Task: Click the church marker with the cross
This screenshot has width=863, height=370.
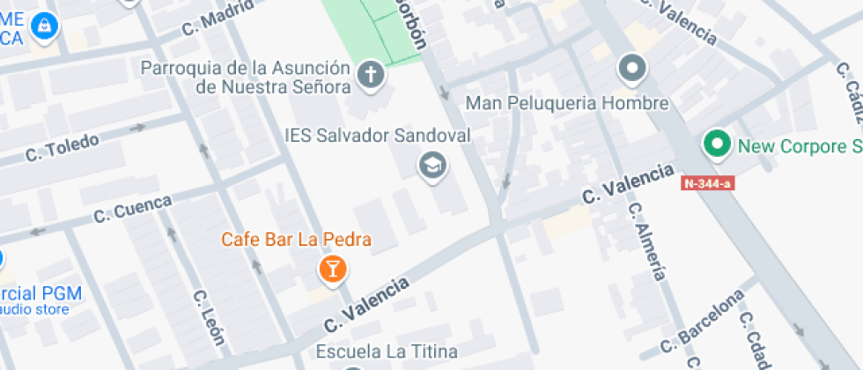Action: [x=371, y=77]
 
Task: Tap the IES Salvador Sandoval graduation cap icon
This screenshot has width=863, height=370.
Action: [x=431, y=165]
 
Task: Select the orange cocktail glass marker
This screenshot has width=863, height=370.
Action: [x=333, y=269]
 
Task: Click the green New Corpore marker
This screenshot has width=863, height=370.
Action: [x=717, y=144]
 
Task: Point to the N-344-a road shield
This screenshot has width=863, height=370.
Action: [x=707, y=183]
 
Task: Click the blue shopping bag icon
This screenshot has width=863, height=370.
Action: [x=41, y=26]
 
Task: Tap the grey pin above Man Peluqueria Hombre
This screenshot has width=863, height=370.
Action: [x=631, y=68]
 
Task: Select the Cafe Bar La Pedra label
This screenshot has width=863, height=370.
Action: [x=296, y=239]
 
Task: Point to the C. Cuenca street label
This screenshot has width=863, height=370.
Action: [x=132, y=208]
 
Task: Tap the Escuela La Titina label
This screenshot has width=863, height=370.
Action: [x=388, y=351]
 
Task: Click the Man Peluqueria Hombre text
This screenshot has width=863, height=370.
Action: [x=567, y=103]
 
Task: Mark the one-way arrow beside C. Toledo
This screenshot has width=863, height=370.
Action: [x=137, y=128]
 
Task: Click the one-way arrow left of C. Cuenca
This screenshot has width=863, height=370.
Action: [x=37, y=232]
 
